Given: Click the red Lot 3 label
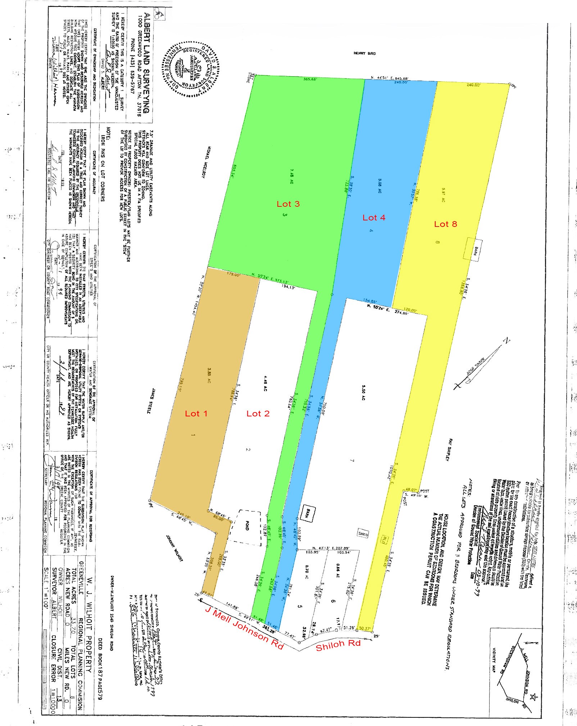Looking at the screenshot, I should click(288, 204).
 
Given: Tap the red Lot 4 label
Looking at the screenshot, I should click(374, 218).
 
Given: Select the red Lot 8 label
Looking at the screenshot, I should click(445, 224).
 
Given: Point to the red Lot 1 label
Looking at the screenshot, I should click(196, 414).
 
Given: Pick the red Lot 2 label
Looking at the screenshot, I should click(258, 414).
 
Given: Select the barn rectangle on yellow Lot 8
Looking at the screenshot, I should click(472, 248).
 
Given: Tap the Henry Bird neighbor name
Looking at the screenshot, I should click(364, 54).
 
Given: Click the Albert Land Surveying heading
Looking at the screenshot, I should click(146, 63).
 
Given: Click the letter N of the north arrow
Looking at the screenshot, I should click(507, 340).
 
